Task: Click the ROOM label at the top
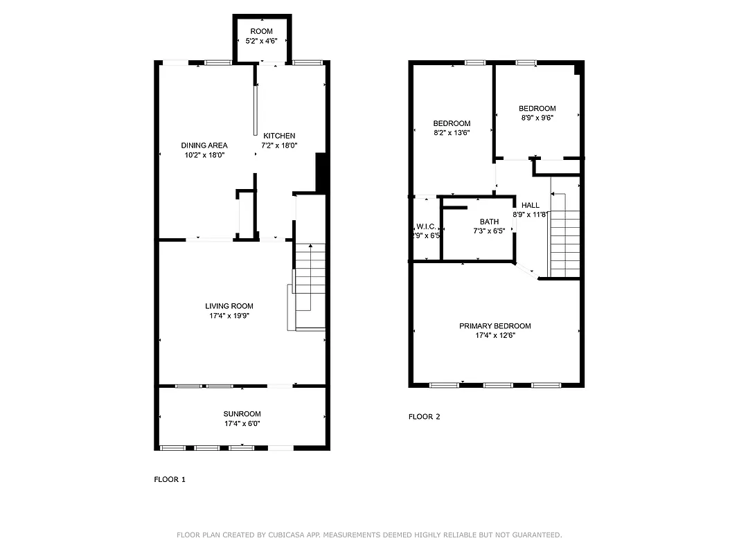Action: point(261,31)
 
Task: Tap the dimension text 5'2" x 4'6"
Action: point(261,41)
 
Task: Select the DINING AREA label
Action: point(204,145)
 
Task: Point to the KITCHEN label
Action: point(279,136)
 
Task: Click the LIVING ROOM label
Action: point(229,306)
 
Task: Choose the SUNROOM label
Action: point(242,414)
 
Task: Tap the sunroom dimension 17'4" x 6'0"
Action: point(242,424)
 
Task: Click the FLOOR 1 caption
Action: point(170,479)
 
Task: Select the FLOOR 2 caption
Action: point(424,417)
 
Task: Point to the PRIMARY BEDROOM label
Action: point(495,326)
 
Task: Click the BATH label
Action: point(489,222)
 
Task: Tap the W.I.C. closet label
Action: point(426,226)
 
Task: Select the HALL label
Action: point(530,205)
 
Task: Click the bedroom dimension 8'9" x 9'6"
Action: point(537,118)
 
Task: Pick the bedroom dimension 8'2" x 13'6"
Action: point(452,133)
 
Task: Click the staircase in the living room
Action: point(310,284)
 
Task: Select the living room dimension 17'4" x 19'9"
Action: point(229,316)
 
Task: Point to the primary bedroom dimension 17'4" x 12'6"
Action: point(495,336)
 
